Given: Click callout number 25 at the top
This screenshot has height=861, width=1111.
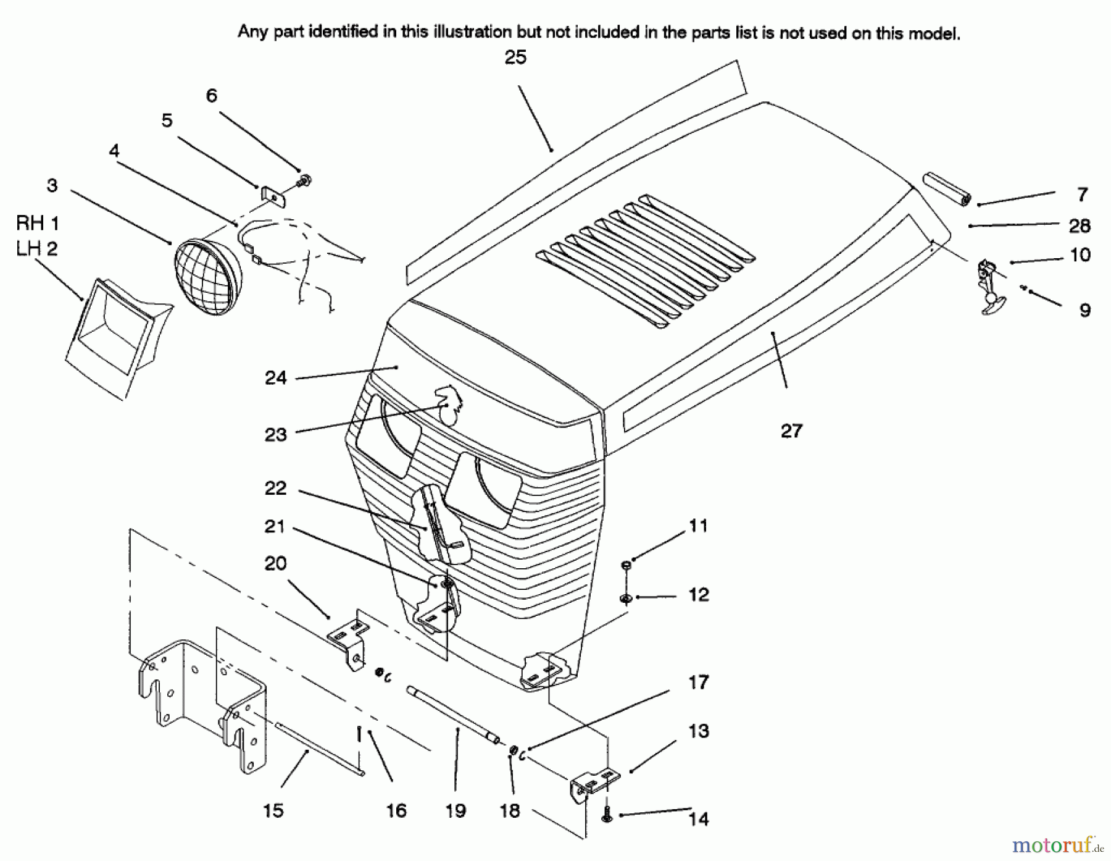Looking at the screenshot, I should click(x=515, y=57).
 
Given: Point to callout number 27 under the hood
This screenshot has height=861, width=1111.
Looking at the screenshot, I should click(x=791, y=430).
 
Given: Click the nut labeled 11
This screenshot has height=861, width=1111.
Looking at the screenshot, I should click(x=626, y=563).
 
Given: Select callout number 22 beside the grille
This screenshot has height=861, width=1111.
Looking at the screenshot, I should click(x=275, y=488).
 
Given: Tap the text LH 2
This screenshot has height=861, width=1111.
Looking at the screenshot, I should click(x=37, y=248).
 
